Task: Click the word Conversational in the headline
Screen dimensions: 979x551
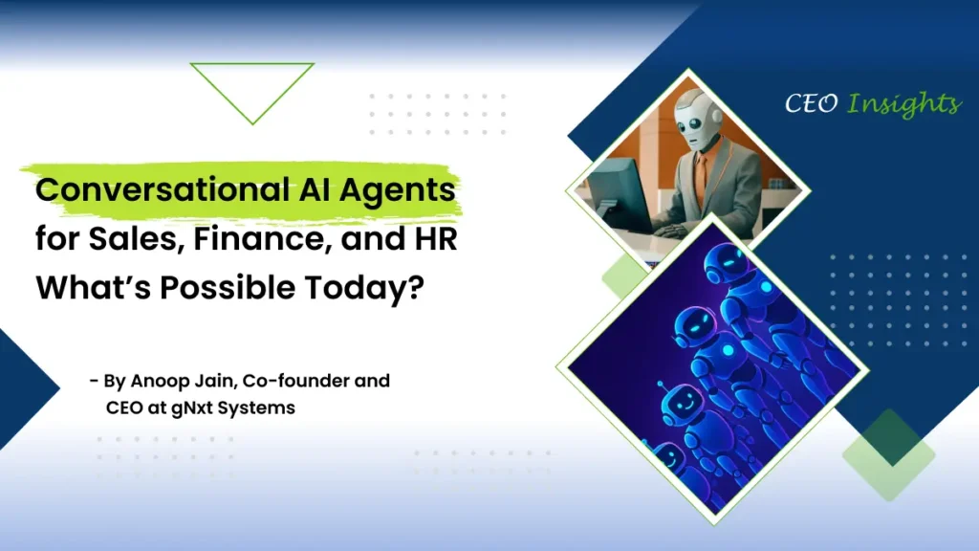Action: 163,189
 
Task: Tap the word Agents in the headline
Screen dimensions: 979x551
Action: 397,191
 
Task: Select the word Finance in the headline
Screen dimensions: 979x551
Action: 262,238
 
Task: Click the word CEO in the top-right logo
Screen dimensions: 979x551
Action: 811,103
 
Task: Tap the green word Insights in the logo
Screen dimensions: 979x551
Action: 903,104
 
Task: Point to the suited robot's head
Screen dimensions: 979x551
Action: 696,118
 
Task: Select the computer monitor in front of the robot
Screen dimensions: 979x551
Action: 619,193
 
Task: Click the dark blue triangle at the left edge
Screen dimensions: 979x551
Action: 25,388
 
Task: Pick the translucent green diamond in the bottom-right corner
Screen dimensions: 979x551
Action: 888,454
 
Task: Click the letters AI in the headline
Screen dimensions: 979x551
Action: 314,190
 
